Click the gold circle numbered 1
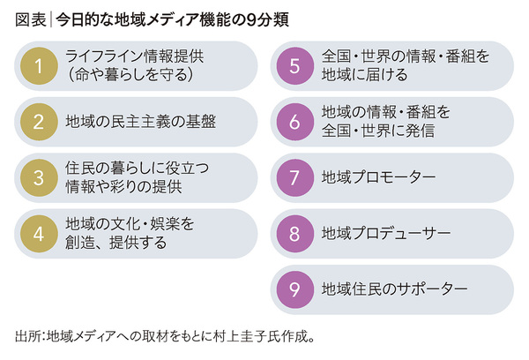click(x=38, y=65)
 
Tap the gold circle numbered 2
click(x=38, y=121)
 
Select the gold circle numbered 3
click(x=38, y=176)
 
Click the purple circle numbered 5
click(x=294, y=65)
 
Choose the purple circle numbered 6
click(x=294, y=121)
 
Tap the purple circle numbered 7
click(x=294, y=176)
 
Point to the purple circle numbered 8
click(x=294, y=233)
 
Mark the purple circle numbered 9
click(x=294, y=289)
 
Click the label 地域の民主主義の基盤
click(x=141, y=122)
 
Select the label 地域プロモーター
click(x=379, y=177)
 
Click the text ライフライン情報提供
click(x=135, y=56)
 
